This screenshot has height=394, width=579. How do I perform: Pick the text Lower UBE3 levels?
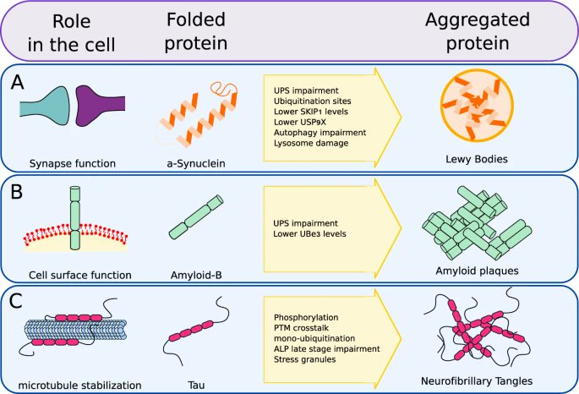coord(311,233)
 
